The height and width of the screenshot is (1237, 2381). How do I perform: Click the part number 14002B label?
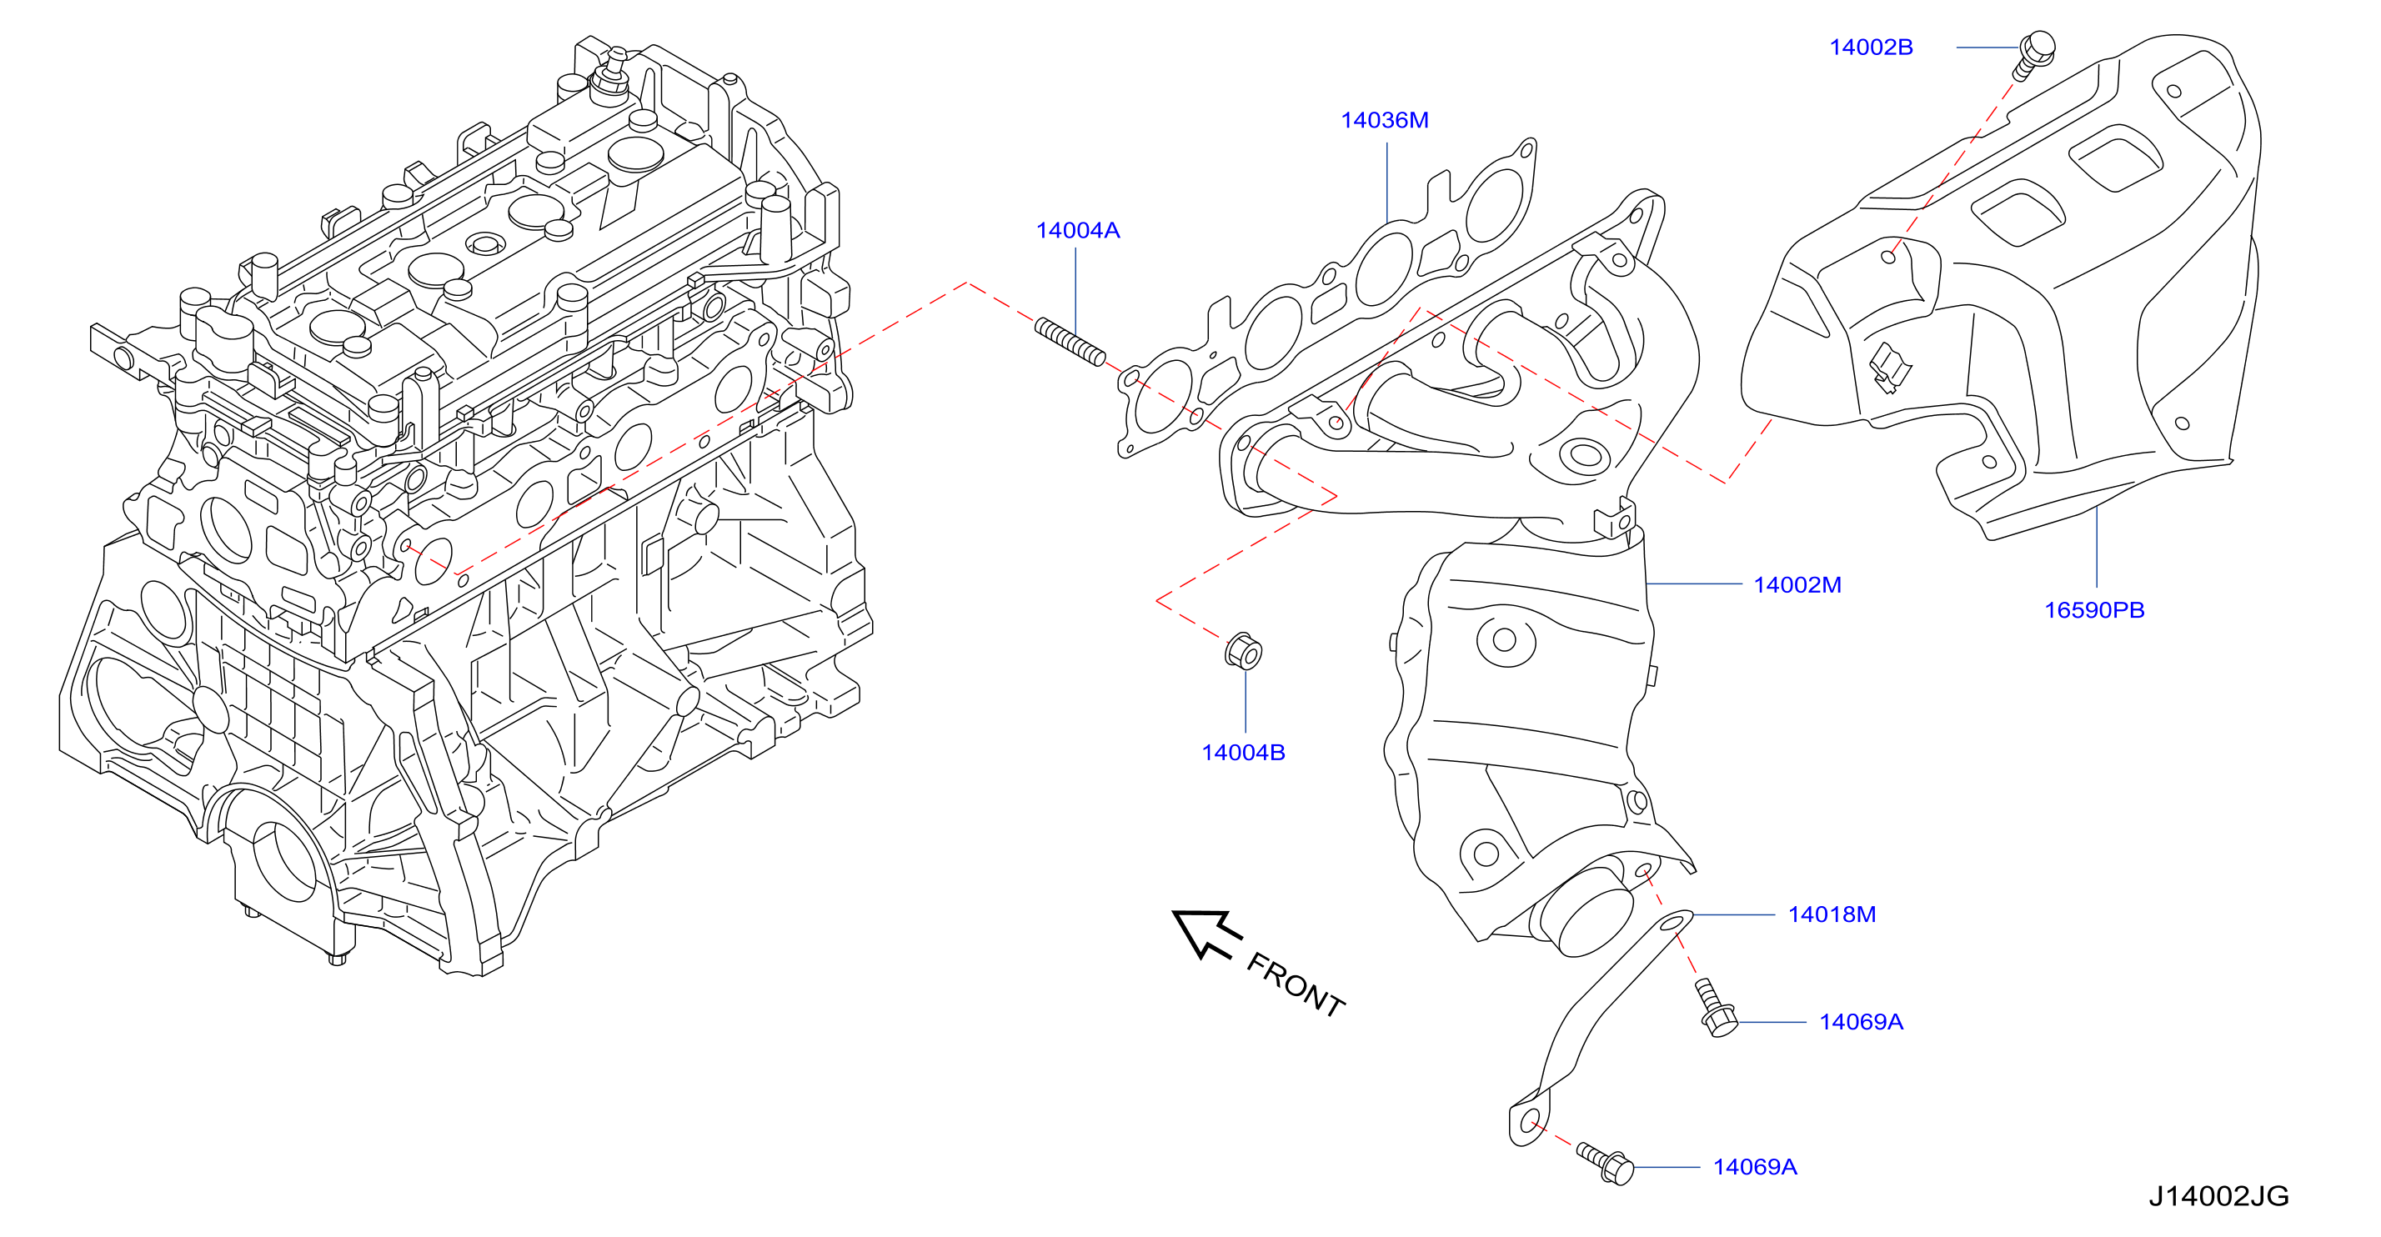click(x=1871, y=48)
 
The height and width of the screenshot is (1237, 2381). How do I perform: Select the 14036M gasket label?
click(x=1385, y=120)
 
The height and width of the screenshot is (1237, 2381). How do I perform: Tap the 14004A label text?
click(x=1078, y=230)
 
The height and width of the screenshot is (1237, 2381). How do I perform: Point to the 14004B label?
click(x=1243, y=753)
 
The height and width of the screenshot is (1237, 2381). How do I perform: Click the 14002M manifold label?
click(x=1797, y=585)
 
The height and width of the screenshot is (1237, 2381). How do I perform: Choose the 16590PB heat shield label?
click(x=2094, y=609)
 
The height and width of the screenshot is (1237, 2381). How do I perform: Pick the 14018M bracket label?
click(x=1832, y=914)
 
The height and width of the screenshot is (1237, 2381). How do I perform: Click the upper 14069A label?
click(x=1862, y=1022)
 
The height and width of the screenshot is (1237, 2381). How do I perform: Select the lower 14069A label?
click(x=1755, y=1167)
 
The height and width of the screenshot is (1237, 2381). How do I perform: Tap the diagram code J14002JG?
click(x=2218, y=1196)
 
